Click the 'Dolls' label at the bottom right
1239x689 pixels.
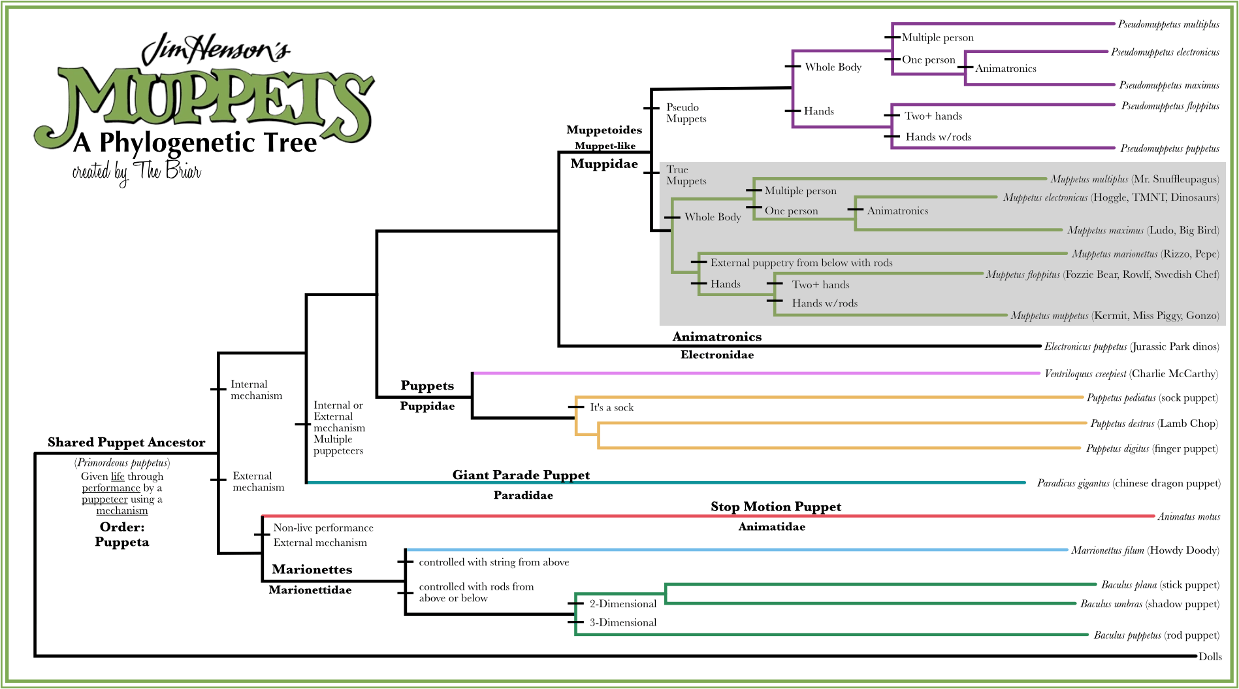1210,656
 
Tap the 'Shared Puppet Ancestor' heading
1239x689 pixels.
126,443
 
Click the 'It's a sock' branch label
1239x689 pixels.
611,407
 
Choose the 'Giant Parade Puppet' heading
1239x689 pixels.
521,475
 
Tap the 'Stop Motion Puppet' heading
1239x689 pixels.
775,507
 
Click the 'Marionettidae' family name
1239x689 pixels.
310,590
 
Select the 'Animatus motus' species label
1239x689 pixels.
1188,516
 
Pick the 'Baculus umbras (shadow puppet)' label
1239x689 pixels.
1149,604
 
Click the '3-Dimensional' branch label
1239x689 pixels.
622,622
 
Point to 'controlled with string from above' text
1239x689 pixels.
494,562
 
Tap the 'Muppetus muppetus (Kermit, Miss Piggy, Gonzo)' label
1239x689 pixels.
1114,316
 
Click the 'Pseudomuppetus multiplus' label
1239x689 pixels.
1168,24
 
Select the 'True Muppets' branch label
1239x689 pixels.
686,175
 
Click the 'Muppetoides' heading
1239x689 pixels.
603,130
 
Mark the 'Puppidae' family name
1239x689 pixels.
427,406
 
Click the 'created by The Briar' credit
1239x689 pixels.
137,171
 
